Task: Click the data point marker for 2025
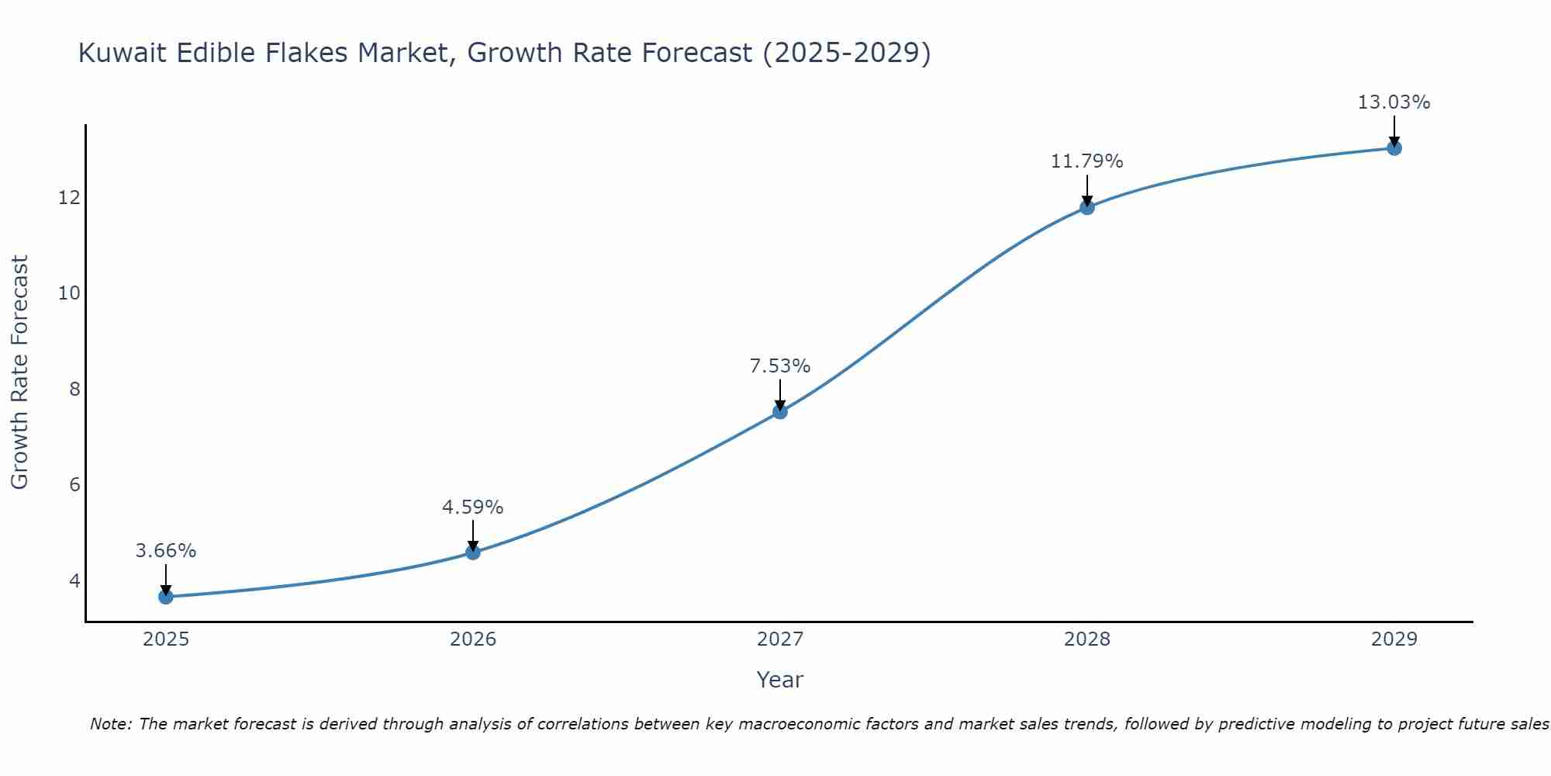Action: pos(166,597)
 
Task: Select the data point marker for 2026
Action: pos(473,553)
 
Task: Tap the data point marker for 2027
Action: pos(780,411)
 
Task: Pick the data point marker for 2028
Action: pos(1087,207)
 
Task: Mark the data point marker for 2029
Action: pos(1394,148)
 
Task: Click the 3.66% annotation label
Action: pos(166,551)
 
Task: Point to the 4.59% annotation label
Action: pos(473,508)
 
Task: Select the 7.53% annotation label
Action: pos(780,366)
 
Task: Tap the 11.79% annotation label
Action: pos(1087,161)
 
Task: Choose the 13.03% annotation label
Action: pos(1394,102)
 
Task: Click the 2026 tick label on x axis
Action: pos(473,639)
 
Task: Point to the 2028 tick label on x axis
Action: pos(1087,639)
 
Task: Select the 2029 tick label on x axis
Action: pos(1394,639)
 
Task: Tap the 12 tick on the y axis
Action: pos(69,198)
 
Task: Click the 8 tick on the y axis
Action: pos(74,389)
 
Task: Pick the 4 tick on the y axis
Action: pos(74,580)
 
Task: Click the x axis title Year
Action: pos(780,680)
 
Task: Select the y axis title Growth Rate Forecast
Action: pos(19,372)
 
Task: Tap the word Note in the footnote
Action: pos(111,724)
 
